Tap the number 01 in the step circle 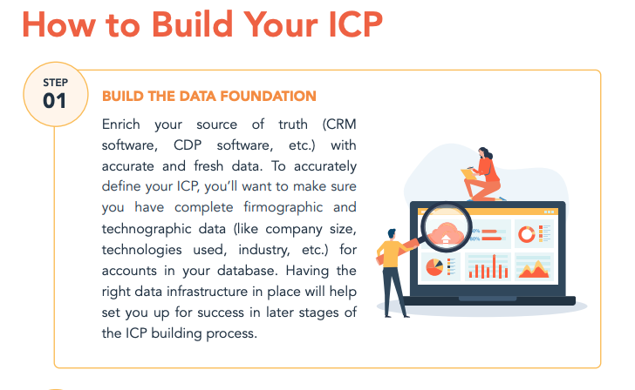click(54, 100)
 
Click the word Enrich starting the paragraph click(125, 124)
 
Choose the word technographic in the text click(150, 228)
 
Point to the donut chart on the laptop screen click(526, 234)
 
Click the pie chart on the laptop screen click(434, 266)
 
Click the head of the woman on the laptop click(484, 152)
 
